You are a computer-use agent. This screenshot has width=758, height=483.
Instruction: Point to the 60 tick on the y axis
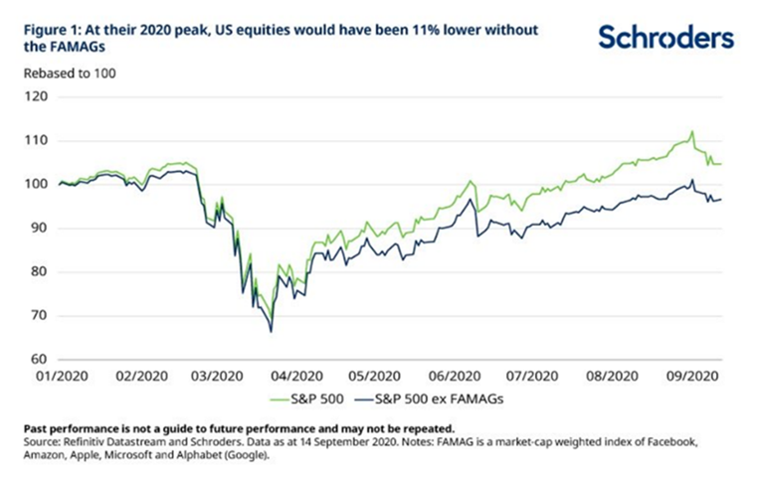(39, 360)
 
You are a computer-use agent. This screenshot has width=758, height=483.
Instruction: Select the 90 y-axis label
(39, 229)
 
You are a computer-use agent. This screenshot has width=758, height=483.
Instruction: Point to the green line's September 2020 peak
(691, 131)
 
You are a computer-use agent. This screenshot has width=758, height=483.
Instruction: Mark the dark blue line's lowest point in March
(272, 332)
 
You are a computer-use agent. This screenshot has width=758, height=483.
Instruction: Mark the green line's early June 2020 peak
(471, 182)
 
